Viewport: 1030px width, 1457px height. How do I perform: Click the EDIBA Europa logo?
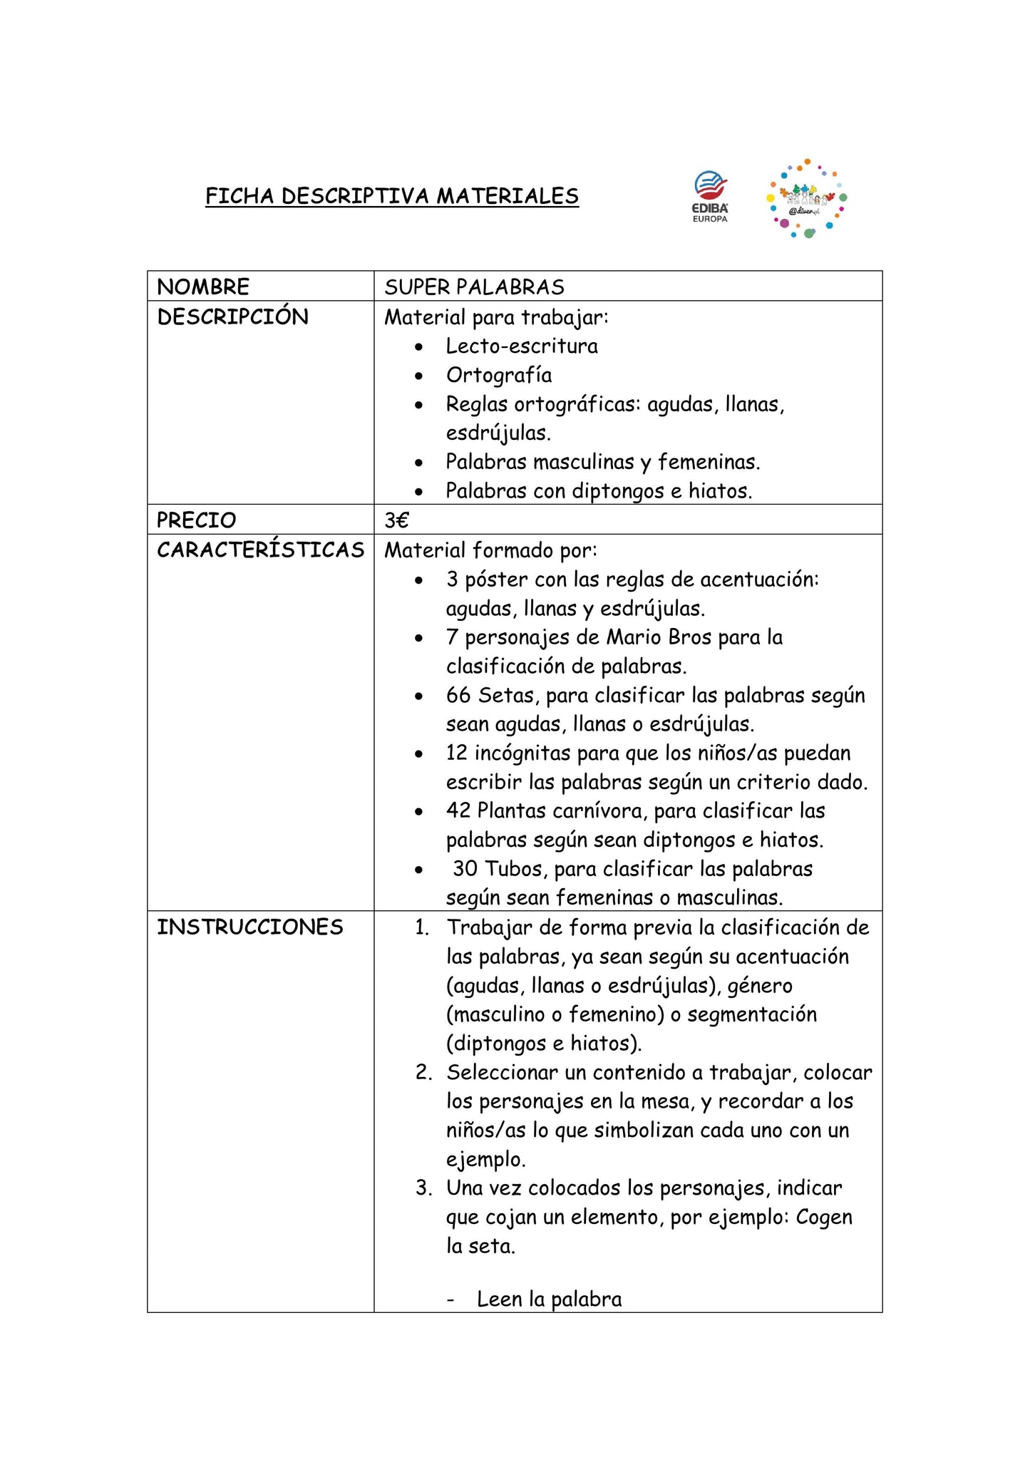coord(711,197)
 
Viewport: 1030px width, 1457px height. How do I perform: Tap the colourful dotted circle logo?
coord(806,199)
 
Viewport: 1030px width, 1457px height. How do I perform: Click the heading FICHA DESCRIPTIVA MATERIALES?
coord(392,196)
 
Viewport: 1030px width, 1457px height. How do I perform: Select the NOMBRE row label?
coord(203,287)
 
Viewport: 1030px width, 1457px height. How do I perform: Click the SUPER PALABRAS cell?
coord(474,287)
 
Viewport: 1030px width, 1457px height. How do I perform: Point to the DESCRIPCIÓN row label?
coord(232,317)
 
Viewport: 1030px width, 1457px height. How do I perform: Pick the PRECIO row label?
coord(196,520)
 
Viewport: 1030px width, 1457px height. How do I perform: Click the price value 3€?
coord(396,520)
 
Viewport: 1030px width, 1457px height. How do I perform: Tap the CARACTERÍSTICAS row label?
coord(260,550)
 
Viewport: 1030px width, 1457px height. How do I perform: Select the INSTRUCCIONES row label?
coord(249,927)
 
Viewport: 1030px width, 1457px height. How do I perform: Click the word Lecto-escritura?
coord(522,346)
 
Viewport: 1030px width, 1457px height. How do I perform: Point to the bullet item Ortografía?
coord(499,376)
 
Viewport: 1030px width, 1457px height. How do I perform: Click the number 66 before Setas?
coord(459,695)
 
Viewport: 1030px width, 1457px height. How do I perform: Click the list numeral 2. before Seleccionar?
coord(424,1073)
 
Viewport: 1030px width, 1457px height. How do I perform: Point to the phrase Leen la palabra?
coord(549,1299)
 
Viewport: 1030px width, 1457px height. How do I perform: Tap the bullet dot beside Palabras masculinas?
coord(419,463)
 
